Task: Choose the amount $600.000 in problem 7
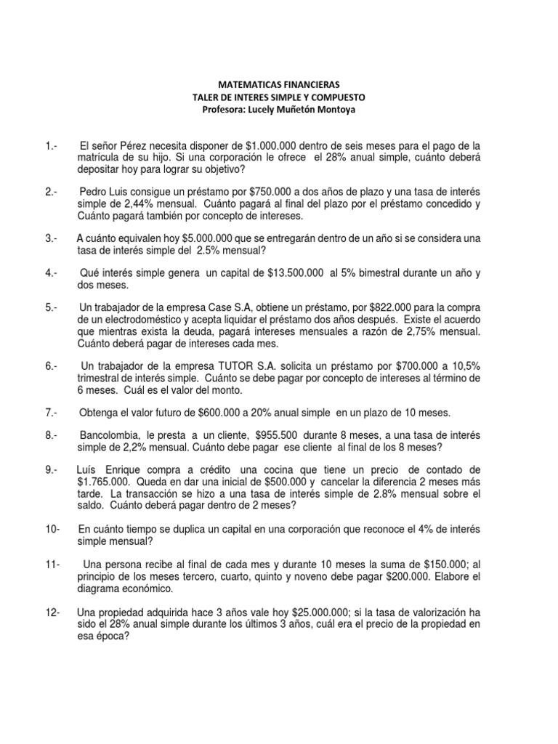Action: coord(216,413)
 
